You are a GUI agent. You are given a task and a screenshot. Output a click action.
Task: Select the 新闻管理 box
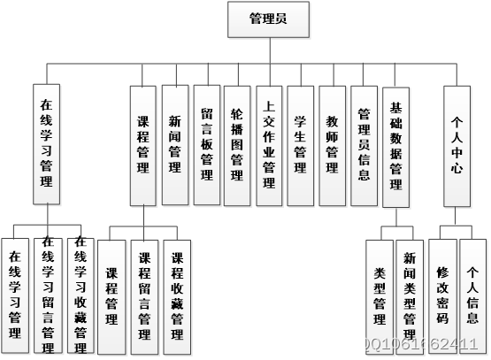pos(175,145)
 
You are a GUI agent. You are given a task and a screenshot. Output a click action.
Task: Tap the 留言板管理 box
pos(206,145)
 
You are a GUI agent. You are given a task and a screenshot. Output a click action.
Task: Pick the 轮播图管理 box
pos(237,145)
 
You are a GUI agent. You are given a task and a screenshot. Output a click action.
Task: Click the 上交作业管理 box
pos(269,145)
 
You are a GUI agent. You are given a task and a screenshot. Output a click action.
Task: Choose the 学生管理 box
pos(300,145)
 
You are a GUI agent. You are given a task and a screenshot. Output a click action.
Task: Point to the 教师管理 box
pos(332,145)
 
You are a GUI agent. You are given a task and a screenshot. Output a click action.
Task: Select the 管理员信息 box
pos(364,145)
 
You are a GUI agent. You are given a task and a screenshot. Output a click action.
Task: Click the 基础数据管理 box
pos(395,145)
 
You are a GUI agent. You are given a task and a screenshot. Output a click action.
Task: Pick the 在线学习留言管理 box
pos(48,295)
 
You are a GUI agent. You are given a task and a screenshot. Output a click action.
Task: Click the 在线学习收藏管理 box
pos(80,295)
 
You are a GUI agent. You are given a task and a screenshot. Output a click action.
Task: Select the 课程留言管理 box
pos(145,295)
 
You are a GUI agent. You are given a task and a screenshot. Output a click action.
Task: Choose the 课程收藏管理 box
pos(177,295)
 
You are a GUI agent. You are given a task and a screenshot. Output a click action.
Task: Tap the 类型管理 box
pos(380,295)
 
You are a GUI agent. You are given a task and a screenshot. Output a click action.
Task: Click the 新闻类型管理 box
pos(410,295)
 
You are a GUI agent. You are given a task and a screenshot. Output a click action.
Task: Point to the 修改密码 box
pos(442,295)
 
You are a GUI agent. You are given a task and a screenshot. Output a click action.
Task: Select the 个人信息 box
pos(473,295)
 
